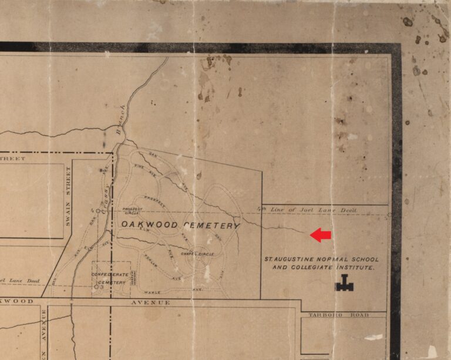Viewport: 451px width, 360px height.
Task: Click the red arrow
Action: [x=321, y=235]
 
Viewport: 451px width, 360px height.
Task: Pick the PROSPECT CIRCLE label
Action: [x=132, y=211]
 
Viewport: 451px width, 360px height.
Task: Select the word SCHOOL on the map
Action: [x=364, y=259]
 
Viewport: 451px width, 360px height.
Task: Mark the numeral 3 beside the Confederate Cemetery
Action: [x=102, y=287]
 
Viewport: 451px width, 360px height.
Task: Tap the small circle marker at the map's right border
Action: [x=389, y=215]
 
